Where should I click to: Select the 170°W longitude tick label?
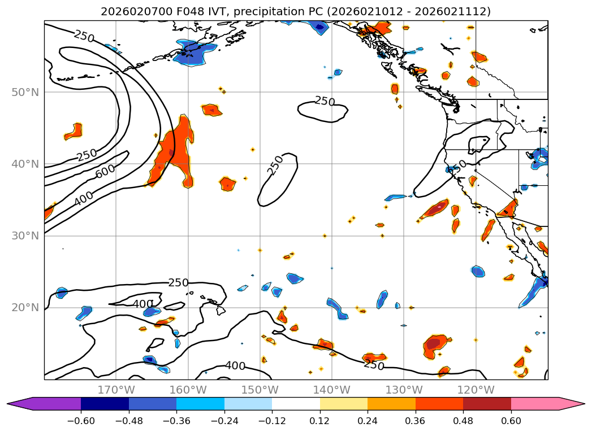pyautogui.click(x=116, y=390)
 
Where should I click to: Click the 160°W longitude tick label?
pyautogui.click(x=188, y=390)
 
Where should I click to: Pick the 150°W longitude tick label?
pyautogui.click(x=260, y=390)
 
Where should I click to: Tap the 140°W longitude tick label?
pyautogui.click(x=331, y=390)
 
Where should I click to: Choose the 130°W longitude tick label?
pyautogui.click(x=403, y=390)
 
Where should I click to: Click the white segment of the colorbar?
pyautogui.click(x=296, y=404)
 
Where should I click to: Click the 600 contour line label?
pyautogui.click(x=105, y=172)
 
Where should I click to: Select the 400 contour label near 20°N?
pyautogui.click(x=143, y=304)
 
